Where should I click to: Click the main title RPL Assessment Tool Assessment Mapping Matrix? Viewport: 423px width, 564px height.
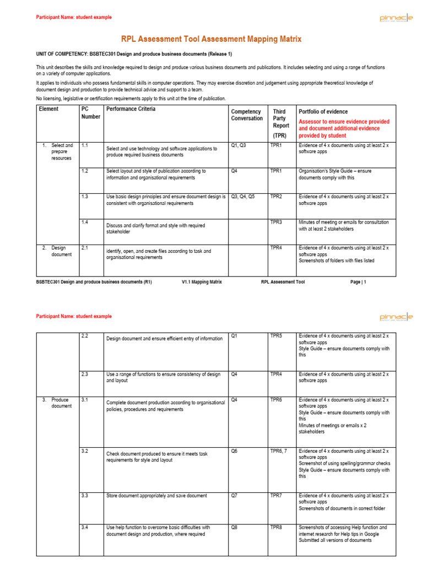click(x=211, y=40)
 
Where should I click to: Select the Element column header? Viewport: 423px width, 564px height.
click(x=48, y=109)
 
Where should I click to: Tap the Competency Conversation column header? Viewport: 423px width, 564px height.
click(x=247, y=115)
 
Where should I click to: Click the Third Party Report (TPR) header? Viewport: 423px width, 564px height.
click(x=280, y=122)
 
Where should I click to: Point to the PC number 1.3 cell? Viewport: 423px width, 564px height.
click(x=85, y=197)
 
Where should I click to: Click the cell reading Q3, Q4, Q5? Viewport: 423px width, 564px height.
click(x=243, y=197)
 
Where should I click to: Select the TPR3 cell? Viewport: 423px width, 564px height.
click(x=276, y=222)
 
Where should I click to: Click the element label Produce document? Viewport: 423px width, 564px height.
click(x=61, y=403)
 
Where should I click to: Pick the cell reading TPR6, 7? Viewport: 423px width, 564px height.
click(x=279, y=451)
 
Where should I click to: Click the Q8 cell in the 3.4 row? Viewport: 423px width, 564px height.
click(x=235, y=527)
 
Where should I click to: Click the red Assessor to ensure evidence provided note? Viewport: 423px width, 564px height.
click(x=344, y=128)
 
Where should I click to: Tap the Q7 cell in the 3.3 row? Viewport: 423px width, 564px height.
click(x=235, y=496)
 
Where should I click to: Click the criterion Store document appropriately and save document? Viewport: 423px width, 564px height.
click(x=156, y=496)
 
